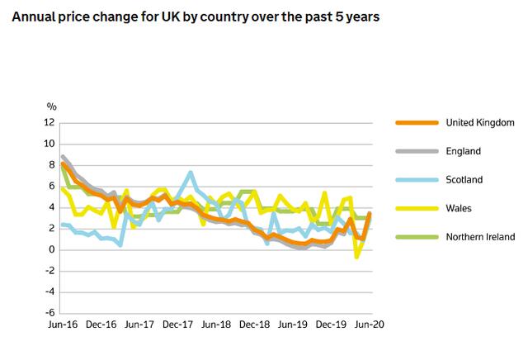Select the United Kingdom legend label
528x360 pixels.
480,122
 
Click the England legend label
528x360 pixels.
463,151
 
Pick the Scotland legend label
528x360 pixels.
464,179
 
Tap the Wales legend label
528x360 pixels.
458,208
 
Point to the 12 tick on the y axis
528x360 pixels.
49,123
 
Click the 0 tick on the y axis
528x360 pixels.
51,249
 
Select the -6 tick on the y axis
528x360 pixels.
49,313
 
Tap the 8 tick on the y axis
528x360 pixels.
51,165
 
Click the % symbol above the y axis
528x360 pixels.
51,107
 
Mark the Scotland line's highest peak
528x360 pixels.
191,173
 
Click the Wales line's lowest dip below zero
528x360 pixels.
357,257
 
